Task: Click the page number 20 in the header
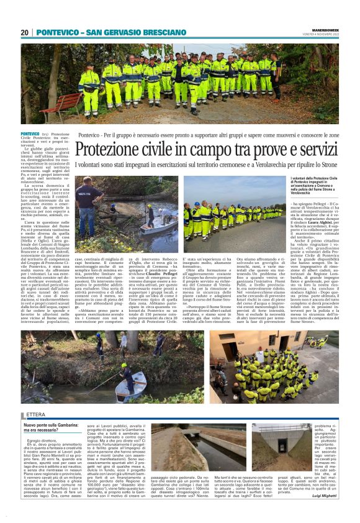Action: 24,32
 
